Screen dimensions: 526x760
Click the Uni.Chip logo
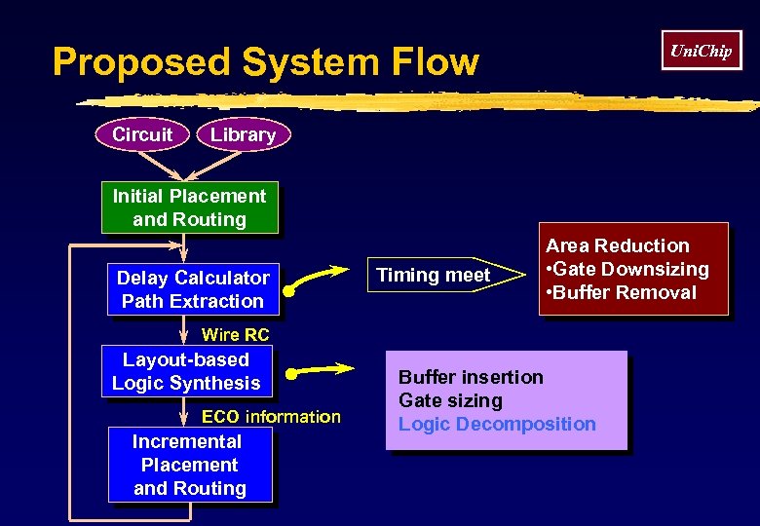click(701, 51)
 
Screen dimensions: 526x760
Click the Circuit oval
click(142, 134)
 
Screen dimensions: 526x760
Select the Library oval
click(243, 134)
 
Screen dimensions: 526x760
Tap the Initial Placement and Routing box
click(189, 207)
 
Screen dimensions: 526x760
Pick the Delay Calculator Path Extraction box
click(192, 289)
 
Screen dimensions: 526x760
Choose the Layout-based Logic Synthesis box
click(186, 371)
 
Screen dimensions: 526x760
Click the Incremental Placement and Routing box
click(189, 465)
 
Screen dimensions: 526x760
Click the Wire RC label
click(235, 335)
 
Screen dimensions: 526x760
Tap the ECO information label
click(271, 417)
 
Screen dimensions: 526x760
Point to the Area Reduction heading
click(617, 245)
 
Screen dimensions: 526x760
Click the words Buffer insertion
click(471, 377)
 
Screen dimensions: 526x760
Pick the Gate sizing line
click(450, 400)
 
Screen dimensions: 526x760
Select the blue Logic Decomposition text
click(497, 424)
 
